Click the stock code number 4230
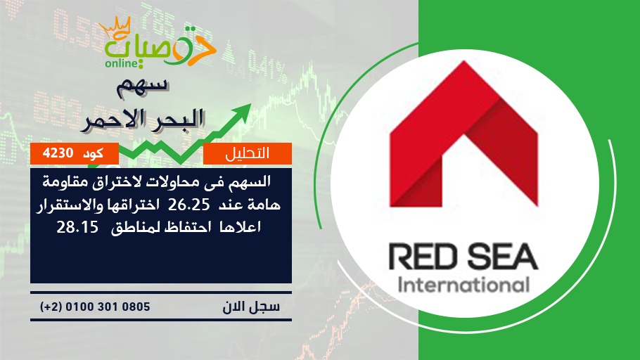(x=58, y=153)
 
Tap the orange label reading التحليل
(x=248, y=153)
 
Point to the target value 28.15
(x=77, y=227)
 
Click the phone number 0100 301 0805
(x=108, y=307)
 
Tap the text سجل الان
(x=252, y=307)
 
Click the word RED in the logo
(x=423, y=257)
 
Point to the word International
(x=463, y=285)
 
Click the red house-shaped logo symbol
(x=463, y=134)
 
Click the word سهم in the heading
(x=142, y=87)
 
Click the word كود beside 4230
(x=93, y=153)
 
